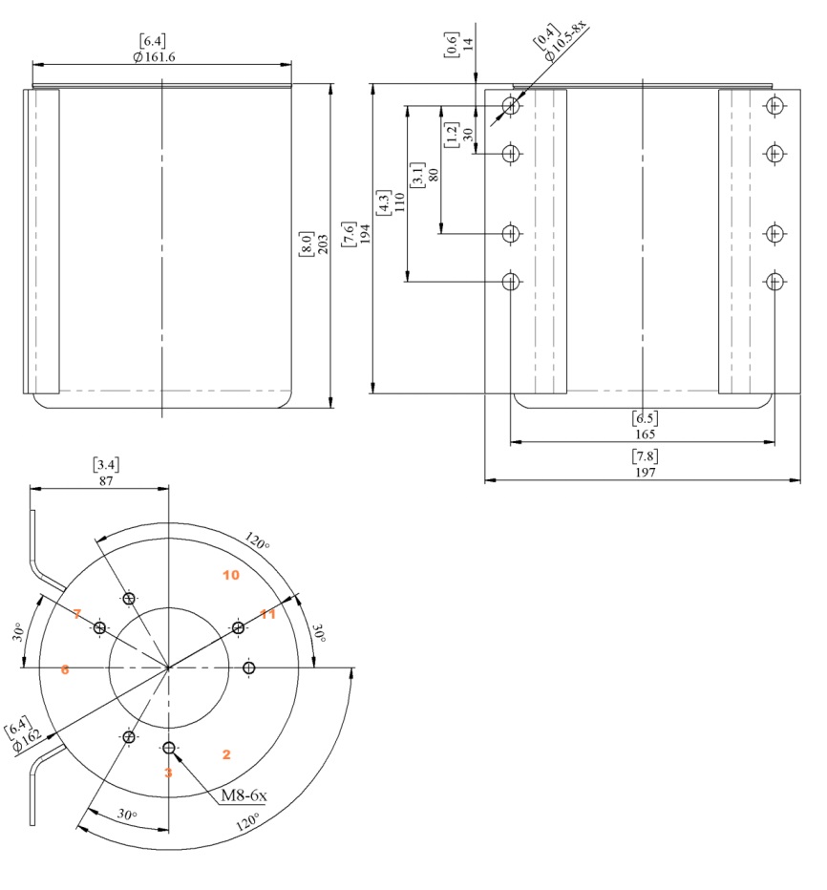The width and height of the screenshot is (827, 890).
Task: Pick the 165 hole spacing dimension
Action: pos(645,434)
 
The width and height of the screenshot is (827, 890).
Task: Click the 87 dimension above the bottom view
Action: pos(105,481)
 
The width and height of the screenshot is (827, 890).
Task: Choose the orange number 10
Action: pos(230,575)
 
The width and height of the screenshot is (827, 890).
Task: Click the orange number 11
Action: pos(268,614)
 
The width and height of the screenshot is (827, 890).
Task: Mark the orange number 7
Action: pos(77,613)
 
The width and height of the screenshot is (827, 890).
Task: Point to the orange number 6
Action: pos(65,670)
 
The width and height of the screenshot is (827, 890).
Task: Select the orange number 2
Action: pos(226,754)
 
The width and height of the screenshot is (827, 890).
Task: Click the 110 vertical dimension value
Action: pos(399,202)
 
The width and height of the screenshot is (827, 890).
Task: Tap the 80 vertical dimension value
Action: pos(434,175)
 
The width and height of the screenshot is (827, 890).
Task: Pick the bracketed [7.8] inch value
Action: pos(645,456)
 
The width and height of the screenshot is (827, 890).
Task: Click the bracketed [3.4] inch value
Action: pos(105,465)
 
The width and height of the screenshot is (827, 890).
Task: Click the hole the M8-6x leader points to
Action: pos(168,748)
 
